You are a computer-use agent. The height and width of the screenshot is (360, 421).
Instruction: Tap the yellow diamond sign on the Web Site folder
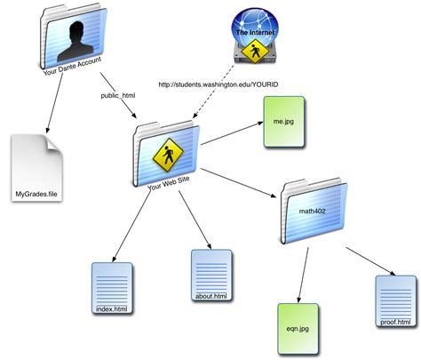[x=166, y=156]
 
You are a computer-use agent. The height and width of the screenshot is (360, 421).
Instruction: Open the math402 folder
[x=314, y=212]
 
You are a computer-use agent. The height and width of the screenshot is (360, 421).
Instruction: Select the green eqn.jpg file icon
[x=296, y=330]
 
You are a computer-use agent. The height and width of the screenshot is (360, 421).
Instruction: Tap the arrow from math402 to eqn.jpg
[x=304, y=271]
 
